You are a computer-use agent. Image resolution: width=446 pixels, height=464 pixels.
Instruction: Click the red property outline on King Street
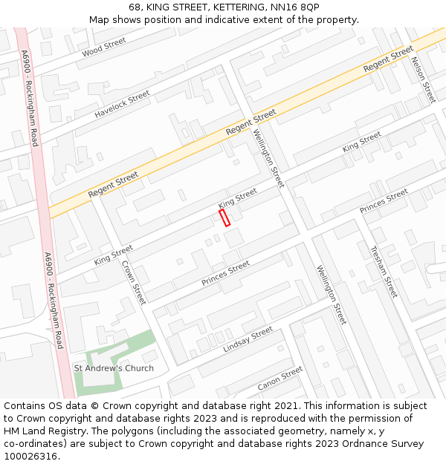pyautogui.click(x=224, y=218)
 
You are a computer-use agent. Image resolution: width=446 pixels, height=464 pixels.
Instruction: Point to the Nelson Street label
pyautogui.click(x=422, y=79)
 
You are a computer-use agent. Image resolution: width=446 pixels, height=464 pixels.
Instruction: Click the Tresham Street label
pyautogui.click(x=384, y=271)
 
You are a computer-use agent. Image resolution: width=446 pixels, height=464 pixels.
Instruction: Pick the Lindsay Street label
pyautogui.click(x=248, y=339)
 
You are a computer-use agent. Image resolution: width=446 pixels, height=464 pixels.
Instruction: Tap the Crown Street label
pyautogui.click(x=133, y=282)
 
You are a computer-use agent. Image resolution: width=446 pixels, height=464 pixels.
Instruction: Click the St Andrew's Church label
pyautogui.click(x=113, y=368)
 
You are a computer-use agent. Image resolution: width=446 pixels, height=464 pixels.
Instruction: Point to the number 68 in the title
pyautogui.click(x=134, y=7)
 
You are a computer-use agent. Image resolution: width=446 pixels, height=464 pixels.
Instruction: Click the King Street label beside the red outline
pyautogui.click(x=237, y=198)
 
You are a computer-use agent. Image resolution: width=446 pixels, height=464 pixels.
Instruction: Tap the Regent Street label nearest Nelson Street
pyautogui.click(x=388, y=59)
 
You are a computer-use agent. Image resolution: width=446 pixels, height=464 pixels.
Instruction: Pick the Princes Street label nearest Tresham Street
pyautogui.click(x=384, y=201)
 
